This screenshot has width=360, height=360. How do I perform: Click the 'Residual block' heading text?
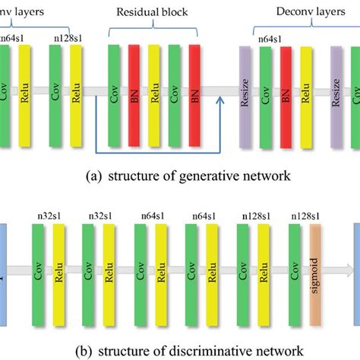pyautogui.click(x=153, y=13)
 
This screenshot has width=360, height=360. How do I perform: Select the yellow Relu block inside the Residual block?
pyautogui.click(x=155, y=94)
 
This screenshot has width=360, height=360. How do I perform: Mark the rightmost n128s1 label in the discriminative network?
pyautogui.click(x=304, y=217)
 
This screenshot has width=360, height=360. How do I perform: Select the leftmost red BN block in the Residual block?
pyautogui.click(x=134, y=94)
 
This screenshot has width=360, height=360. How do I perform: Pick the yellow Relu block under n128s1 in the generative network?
pyautogui.click(x=76, y=94)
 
